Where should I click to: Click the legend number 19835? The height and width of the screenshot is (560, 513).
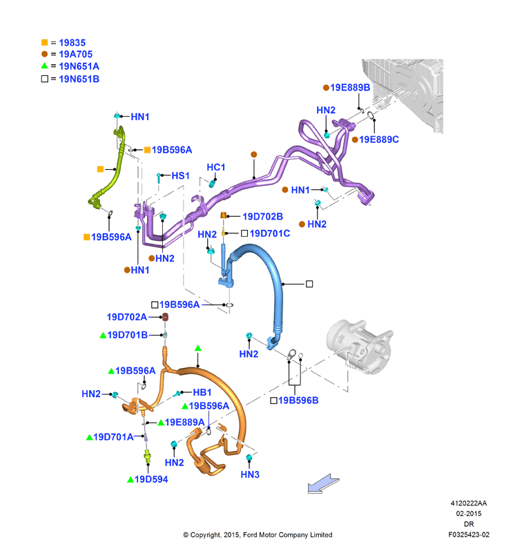72,43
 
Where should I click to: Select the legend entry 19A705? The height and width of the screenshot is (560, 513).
76,55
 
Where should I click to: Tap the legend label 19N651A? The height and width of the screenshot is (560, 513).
79,66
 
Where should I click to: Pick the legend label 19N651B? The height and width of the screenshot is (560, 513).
79,79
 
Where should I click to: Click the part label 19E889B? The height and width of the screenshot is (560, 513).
350,88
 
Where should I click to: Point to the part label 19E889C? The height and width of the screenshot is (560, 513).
379,139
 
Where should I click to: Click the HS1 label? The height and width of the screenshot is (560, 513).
180,175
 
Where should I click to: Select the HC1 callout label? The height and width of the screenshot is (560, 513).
216,167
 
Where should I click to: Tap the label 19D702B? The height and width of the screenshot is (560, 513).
263,216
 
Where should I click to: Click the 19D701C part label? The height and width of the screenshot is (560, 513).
270,233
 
